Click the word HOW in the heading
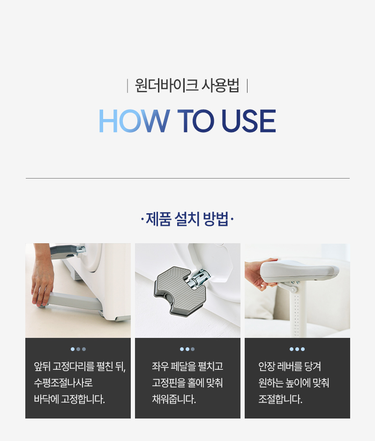click(134, 120)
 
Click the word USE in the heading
click(249, 120)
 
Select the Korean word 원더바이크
click(166, 85)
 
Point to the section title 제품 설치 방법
click(187, 219)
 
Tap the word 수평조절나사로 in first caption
click(63, 382)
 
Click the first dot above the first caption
click(73, 349)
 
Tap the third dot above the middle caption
click(193, 349)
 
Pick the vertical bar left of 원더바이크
click(127, 85)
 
